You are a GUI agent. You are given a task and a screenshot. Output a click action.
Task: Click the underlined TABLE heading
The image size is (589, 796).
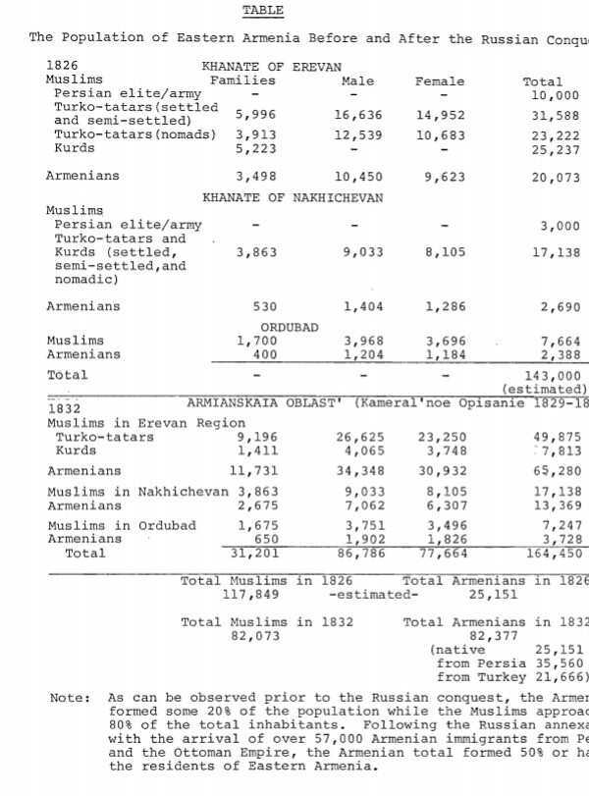[x=262, y=11]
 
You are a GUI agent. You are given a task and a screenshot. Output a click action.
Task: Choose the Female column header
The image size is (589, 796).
[x=440, y=81]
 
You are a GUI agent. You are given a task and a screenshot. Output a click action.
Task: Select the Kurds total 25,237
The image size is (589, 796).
[x=556, y=149]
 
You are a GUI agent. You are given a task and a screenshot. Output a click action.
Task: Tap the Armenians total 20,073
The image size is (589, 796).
[x=556, y=177]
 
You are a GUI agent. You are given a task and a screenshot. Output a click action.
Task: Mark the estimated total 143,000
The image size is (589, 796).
[x=556, y=375]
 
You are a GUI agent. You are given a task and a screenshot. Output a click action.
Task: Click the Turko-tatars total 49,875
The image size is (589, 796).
[x=556, y=438]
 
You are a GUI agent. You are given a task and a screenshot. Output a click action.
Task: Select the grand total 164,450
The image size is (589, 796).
[x=556, y=554]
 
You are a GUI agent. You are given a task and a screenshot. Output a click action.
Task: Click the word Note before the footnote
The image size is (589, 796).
[x=68, y=698]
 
